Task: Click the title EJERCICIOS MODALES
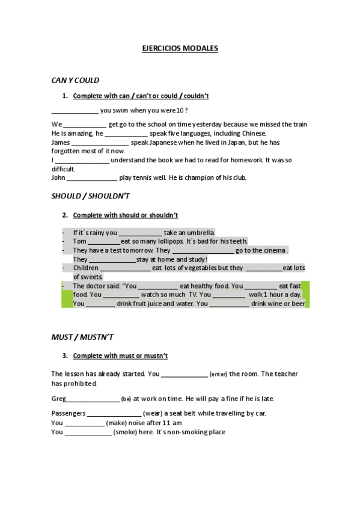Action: pyautogui.click(x=180, y=48)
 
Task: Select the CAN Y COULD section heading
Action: pyautogui.click(x=75, y=80)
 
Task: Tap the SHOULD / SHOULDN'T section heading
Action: pyautogui.click(x=90, y=196)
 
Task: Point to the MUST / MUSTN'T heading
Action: pyautogui.click(x=82, y=337)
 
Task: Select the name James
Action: pyautogui.click(x=61, y=142)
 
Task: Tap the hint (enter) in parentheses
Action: pyautogui.click(x=218, y=374)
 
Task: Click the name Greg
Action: pyautogui.click(x=58, y=398)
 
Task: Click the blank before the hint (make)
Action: pyautogui.click(x=84, y=423)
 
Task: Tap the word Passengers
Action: pyautogui.click(x=69, y=413)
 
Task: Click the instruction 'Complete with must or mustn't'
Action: pyautogui.click(x=120, y=355)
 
